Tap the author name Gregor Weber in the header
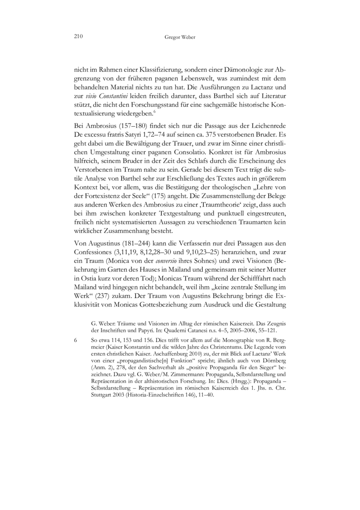coord(180,37)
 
